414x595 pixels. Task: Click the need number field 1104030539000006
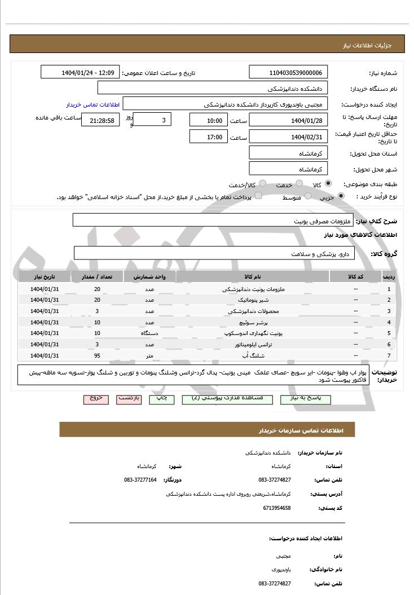pyautogui.click(x=288, y=73)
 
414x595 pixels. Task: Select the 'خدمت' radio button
pyautogui.click(x=299, y=184)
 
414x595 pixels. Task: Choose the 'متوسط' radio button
pyautogui.click(x=308, y=196)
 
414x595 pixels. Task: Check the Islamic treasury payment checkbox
pyautogui.click(x=258, y=196)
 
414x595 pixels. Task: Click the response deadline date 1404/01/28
pyautogui.click(x=288, y=121)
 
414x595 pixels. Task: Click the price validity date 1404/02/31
pyautogui.click(x=288, y=136)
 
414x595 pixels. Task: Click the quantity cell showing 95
pyautogui.click(x=97, y=355)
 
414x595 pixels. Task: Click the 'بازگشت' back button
pyautogui.click(x=129, y=399)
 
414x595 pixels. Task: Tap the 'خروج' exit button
pyautogui.click(x=96, y=399)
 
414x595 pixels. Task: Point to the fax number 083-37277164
pyautogui.click(x=140, y=479)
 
